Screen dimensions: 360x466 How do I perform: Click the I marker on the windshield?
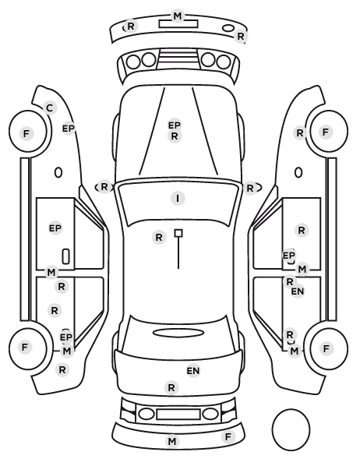(178, 198)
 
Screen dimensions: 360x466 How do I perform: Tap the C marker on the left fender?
(50, 108)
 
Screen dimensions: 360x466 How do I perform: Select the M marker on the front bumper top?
(178, 16)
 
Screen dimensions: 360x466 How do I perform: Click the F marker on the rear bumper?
(228, 437)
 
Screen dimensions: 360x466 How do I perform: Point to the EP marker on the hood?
(175, 125)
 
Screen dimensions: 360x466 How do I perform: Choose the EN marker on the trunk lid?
(193, 371)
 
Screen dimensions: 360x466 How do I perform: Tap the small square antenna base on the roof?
(178, 233)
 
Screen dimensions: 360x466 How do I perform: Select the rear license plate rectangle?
(178, 414)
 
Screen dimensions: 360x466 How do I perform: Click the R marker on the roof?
(159, 238)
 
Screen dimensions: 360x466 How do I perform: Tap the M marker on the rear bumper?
(172, 442)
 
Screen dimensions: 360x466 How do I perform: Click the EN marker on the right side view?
(298, 291)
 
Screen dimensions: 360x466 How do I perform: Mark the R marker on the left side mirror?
(104, 187)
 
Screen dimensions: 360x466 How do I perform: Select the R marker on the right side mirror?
(250, 188)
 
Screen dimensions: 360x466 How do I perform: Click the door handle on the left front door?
(66, 256)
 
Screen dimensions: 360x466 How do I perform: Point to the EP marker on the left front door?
(55, 228)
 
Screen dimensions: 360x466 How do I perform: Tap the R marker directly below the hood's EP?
(175, 136)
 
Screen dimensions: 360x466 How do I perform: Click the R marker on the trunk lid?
(171, 387)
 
